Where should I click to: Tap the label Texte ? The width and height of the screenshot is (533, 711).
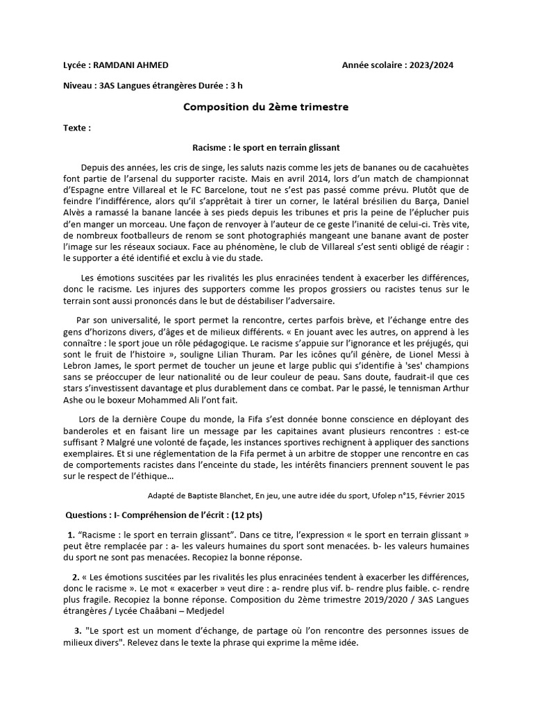(76, 128)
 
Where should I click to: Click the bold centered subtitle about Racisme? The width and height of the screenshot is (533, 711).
(266, 148)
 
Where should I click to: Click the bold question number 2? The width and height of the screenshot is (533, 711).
(75, 578)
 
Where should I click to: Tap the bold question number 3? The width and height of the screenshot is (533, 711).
(78, 630)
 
